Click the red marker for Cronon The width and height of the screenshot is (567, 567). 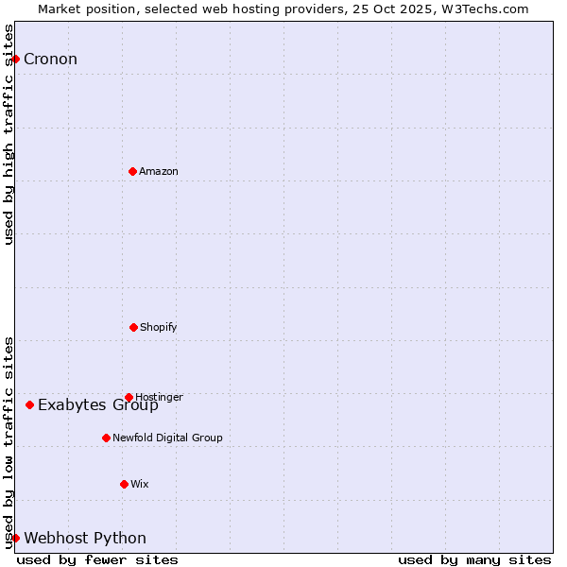[15, 59]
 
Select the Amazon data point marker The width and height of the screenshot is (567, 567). [132, 171]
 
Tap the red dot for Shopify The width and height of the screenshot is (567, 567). [133, 327]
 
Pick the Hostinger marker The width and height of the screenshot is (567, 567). [129, 397]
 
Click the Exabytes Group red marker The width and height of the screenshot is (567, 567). [29, 404]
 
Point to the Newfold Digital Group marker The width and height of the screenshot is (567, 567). [106, 438]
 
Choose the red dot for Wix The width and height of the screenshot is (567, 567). [124, 484]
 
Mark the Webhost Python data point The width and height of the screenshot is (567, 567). [15, 538]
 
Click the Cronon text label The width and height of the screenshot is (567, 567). [50, 60]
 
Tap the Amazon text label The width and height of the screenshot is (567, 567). [159, 171]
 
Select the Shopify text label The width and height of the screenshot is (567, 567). [159, 327]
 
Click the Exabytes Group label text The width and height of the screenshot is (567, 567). [98, 405]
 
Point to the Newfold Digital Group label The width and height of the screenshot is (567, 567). [167, 438]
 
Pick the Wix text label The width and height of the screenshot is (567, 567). [140, 484]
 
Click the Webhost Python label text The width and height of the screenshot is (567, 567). [85, 539]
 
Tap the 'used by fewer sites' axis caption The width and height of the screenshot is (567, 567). [97, 559]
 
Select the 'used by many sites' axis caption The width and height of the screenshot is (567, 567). [474, 559]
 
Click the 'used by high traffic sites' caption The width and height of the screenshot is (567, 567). [9, 134]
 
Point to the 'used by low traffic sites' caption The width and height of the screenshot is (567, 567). [9, 442]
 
